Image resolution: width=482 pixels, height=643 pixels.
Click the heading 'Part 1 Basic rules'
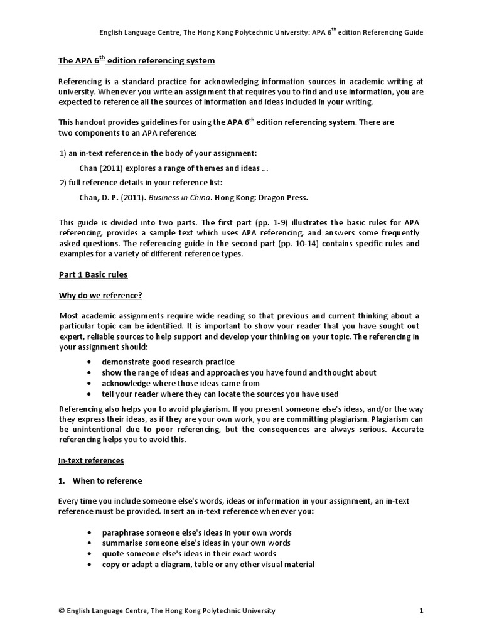(x=93, y=275)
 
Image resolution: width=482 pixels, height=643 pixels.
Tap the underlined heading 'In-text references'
(x=91, y=460)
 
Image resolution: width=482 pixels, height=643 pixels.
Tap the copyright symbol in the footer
(x=61, y=610)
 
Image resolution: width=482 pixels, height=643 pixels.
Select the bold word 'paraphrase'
(x=123, y=532)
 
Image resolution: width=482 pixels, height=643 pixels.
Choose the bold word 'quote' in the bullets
(x=113, y=554)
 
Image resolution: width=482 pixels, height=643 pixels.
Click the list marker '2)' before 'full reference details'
(x=62, y=183)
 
